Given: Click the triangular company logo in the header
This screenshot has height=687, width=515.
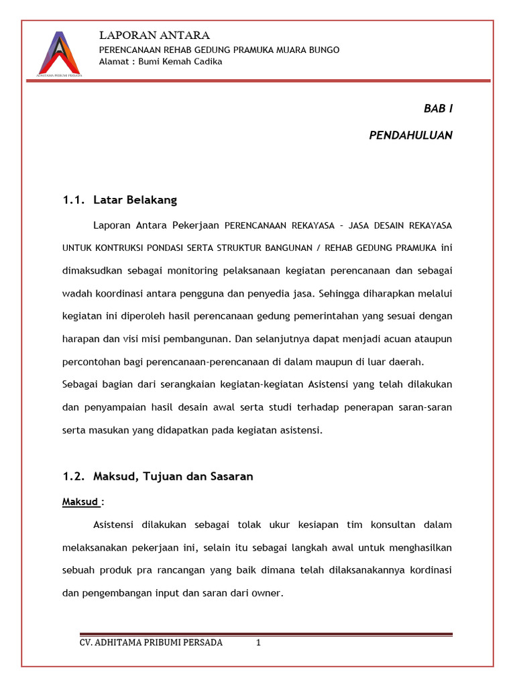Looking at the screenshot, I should [58, 53].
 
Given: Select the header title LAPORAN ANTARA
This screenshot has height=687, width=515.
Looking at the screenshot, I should [154, 35].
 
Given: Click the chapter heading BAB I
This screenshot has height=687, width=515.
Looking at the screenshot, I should [438, 108].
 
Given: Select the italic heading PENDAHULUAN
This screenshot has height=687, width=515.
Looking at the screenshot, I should [410, 135].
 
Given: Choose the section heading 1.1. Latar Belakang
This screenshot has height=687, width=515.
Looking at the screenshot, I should [120, 200].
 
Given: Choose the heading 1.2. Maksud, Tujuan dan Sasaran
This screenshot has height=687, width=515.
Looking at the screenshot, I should [158, 476].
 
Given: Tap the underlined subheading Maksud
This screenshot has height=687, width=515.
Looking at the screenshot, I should [80, 502].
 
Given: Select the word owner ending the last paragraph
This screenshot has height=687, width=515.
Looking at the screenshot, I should [269, 592].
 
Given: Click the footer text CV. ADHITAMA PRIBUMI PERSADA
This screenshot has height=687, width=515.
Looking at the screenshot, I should [151, 642].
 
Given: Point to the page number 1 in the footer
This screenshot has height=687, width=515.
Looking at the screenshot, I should [258, 642].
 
